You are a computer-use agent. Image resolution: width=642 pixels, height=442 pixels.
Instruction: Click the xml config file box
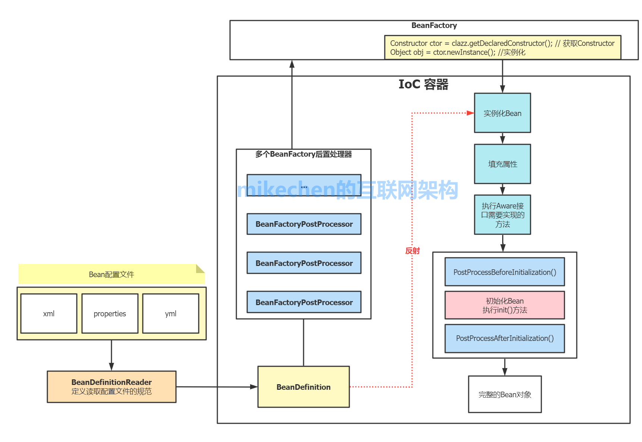tap(49, 313)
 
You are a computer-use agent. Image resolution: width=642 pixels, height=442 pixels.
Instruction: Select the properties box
tap(110, 313)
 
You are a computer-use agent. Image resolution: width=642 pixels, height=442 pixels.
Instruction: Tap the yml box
tap(171, 313)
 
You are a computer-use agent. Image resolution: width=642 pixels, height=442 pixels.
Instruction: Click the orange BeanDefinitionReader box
tap(111, 387)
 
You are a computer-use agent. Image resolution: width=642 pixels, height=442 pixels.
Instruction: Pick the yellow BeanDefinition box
tap(303, 387)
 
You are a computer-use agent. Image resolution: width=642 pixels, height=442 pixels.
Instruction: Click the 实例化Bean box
tap(502, 113)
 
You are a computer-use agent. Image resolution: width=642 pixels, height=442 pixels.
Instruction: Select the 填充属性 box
tap(502, 164)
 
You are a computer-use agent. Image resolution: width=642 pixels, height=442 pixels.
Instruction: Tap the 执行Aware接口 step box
tap(502, 215)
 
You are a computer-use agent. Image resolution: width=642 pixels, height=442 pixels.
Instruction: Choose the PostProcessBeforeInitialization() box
tap(504, 272)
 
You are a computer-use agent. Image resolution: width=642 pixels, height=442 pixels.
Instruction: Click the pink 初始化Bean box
tap(504, 305)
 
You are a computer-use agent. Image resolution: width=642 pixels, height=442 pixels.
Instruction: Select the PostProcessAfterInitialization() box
tap(504, 338)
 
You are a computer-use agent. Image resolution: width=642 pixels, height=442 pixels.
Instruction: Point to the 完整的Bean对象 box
tap(504, 394)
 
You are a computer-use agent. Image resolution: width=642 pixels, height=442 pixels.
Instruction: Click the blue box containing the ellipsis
tap(304, 185)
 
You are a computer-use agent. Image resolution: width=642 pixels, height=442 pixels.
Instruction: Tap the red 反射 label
tap(412, 251)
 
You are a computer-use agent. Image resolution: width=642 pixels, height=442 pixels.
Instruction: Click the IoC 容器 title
tap(423, 84)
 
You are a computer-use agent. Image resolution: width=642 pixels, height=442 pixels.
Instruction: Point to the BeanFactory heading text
tap(434, 25)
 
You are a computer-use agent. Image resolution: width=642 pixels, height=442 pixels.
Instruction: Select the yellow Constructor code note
tap(502, 48)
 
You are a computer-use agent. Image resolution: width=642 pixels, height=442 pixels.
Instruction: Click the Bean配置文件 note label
tap(111, 275)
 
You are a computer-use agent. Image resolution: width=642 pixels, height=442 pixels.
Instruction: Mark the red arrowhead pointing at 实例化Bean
tap(471, 113)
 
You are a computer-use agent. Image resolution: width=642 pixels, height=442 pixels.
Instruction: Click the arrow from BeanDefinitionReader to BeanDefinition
tap(216, 387)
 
